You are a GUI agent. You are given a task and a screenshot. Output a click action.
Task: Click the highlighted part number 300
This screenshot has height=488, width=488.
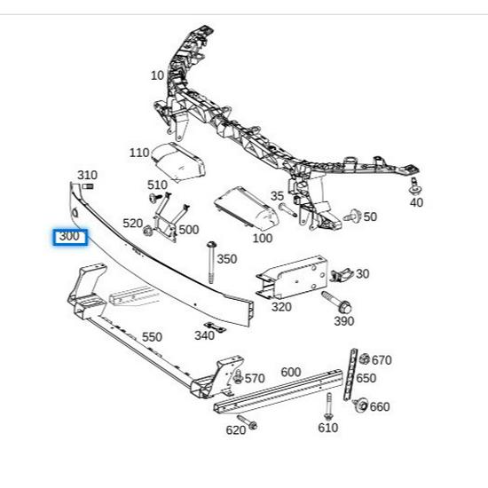[x=68, y=237]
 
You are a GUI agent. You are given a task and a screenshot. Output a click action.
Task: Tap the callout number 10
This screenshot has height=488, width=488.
[x=157, y=75]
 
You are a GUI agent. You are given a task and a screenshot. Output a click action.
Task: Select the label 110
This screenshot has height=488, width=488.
[x=139, y=153]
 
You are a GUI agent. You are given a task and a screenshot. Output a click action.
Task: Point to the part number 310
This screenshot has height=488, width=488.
[x=87, y=175]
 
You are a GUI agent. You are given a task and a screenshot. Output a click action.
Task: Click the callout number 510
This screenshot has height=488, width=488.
[x=157, y=185]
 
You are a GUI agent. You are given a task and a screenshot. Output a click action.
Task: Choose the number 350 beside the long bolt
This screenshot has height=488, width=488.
[x=227, y=259]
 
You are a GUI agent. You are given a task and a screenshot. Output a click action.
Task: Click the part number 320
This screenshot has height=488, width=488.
[x=281, y=307]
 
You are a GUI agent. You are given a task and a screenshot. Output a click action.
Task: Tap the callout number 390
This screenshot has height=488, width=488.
[x=344, y=320]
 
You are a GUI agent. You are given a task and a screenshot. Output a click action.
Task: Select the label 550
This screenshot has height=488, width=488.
[x=152, y=337]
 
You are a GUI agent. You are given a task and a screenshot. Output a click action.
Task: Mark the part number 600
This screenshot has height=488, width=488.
[x=290, y=372]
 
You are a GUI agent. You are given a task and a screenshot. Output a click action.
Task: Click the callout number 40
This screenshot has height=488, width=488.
[x=416, y=202]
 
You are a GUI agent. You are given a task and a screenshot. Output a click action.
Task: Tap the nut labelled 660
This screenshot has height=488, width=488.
[x=360, y=406]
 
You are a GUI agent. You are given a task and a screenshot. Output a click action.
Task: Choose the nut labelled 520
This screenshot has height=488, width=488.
[x=148, y=232]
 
